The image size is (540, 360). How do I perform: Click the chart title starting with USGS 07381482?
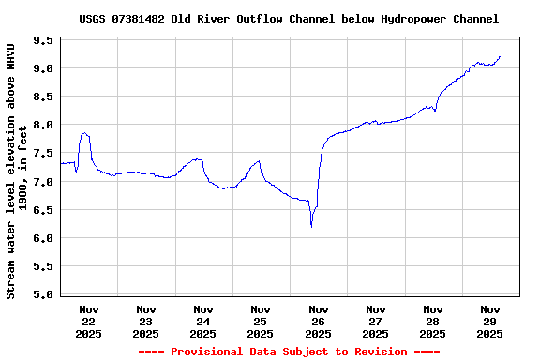pyautogui.click(x=289, y=18)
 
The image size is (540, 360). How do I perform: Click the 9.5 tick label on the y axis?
pyautogui.click(x=42, y=40)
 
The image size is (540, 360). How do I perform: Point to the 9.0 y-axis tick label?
pyautogui.click(x=42, y=68)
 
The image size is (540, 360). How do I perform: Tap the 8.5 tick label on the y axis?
pyautogui.click(x=42, y=97)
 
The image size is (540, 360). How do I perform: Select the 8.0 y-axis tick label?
pyautogui.click(x=42, y=125)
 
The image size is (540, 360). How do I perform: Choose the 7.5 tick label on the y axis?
pyautogui.click(x=42, y=153)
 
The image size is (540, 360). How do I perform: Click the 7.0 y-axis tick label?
pyautogui.click(x=42, y=181)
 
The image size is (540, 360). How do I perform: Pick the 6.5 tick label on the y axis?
pyautogui.click(x=42, y=209)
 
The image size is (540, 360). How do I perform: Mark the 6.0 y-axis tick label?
pyautogui.click(x=42, y=238)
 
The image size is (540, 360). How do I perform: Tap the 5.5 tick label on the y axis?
pyautogui.click(x=42, y=266)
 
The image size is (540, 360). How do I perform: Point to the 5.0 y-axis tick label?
pyautogui.click(x=42, y=294)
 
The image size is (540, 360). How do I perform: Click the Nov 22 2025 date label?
pyautogui.click(x=89, y=321)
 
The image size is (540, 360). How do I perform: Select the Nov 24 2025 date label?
pyautogui.click(x=203, y=321)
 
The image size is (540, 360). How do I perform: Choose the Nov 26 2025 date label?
pyautogui.click(x=318, y=321)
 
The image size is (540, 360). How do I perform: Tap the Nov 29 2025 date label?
pyautogui.click(x=489, y=321)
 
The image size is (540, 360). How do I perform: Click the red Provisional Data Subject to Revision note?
pyautogui.click(x=289, y=352)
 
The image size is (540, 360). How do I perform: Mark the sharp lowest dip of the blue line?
pyautogui.click(x=311, y=226)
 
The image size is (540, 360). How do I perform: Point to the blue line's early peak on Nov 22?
pyautogui.click(x=84, y=133)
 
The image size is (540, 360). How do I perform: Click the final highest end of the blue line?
pyautogui.click(x=500, y=56)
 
